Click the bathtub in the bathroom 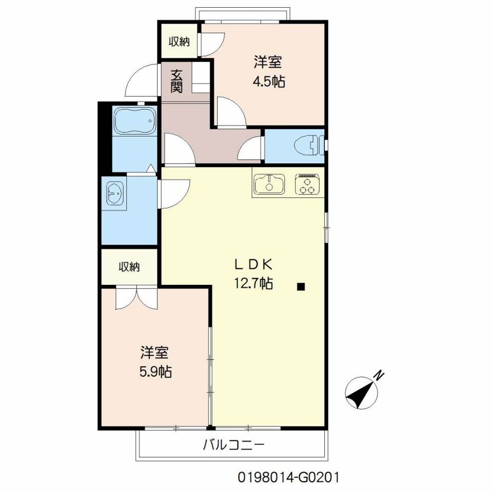click(x=135, y=121)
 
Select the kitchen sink click(x=270, y=184)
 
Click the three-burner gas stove click(x=307, y=184)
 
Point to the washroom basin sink click(x=115, y=194)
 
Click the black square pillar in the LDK click(x=301, y=286)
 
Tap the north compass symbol click(x=361, y=393)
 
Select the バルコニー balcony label click(x=234, y=445)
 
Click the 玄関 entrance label click(x=176, y=81)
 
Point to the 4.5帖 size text click(x=269, y=81)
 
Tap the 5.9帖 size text click(x=155, y=372)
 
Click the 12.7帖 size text click(x=253, y=283)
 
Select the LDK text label click(x=253, y=265)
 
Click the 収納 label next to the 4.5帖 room click(x=179, y=41)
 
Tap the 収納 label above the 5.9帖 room click(x=129, y=266)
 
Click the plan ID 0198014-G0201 click(x=289, y=478)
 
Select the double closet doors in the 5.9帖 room click(x=136, y=298)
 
